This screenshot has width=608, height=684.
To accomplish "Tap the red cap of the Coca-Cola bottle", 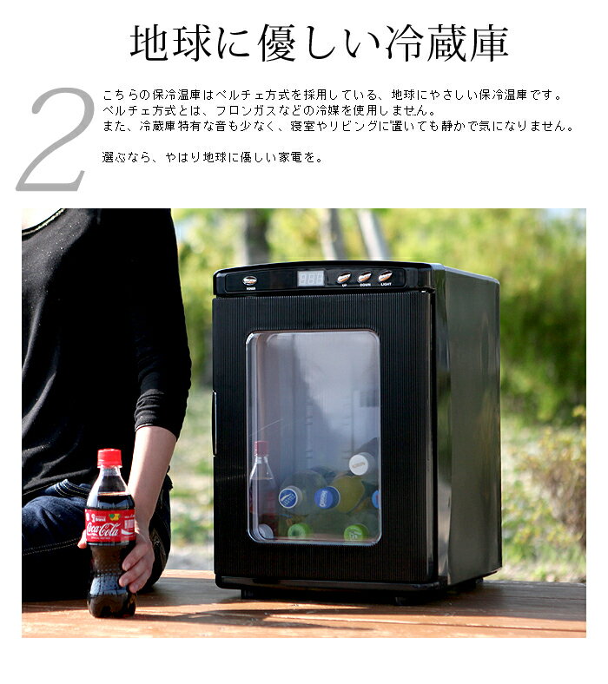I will (109, 457).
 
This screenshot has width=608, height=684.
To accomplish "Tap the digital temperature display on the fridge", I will (311, 278).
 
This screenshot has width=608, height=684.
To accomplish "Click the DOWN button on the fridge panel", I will (364, 278).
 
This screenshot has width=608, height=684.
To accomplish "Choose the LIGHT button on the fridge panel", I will (385, 277).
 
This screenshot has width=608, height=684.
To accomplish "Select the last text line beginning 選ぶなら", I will (212, 158).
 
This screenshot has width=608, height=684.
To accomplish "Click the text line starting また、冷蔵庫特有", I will (337, 126).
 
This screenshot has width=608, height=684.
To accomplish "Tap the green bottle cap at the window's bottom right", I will (354, 531).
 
